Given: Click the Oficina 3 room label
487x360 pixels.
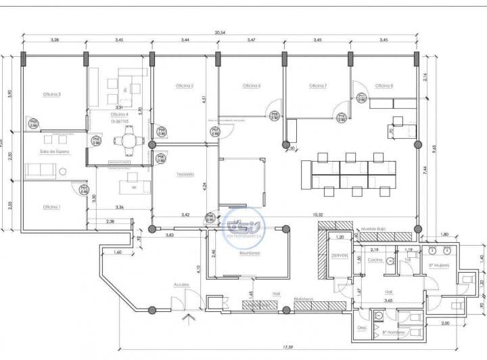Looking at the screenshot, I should tap(52, 94).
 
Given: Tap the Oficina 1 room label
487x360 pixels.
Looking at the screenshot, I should tap(51, 206).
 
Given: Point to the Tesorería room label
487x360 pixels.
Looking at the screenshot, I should tap(185, 174).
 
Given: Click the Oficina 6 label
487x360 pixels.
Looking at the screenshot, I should tap(251, 86).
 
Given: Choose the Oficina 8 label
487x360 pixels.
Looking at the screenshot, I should tap(384, 86).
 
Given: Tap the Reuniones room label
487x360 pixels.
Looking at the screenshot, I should tap(250, 252).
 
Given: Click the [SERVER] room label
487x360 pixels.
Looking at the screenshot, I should tap(339, 255).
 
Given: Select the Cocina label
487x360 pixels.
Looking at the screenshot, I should tap(375, 260).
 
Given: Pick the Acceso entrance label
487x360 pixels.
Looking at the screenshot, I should tap(181, 284).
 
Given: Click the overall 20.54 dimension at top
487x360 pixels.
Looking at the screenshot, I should tap(220, 32).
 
